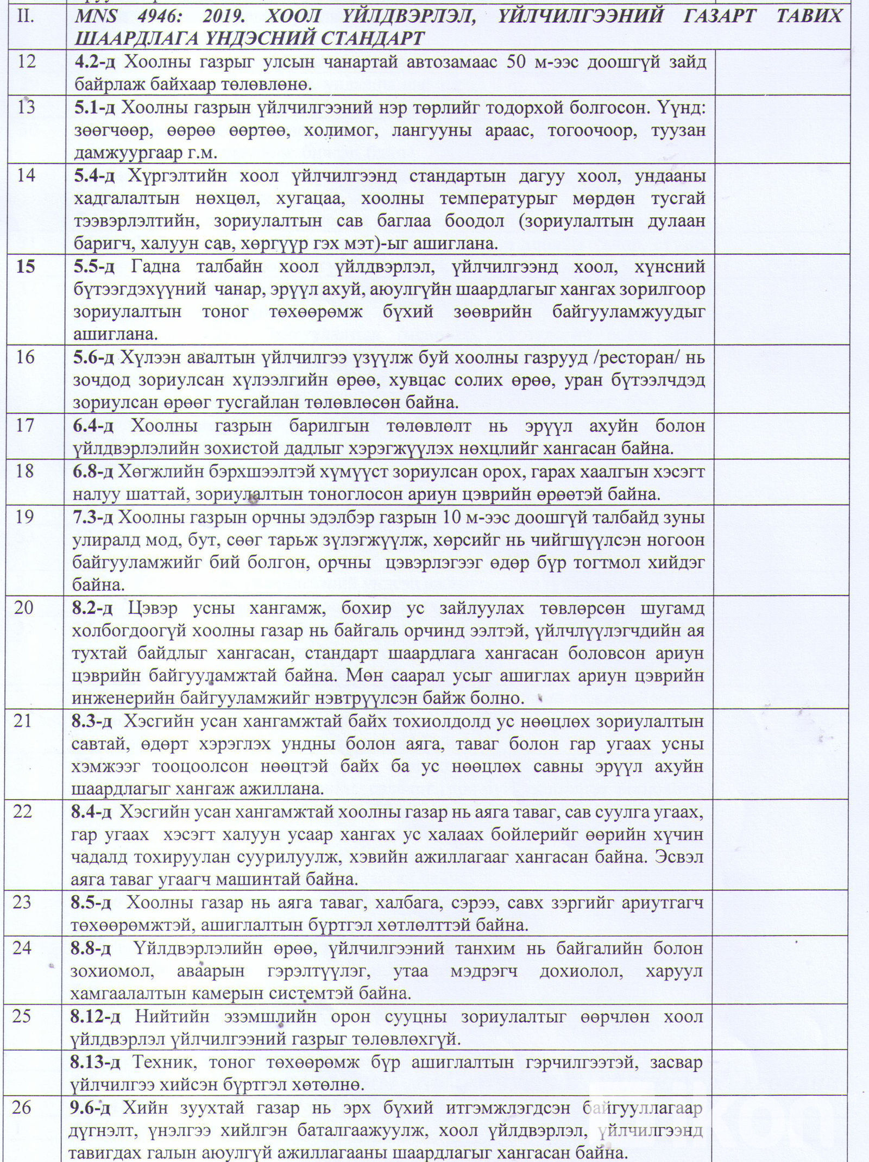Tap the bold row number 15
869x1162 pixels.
click(26, 266)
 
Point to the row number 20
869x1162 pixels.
click(24, 607)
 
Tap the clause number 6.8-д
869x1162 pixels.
click(93, 472)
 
